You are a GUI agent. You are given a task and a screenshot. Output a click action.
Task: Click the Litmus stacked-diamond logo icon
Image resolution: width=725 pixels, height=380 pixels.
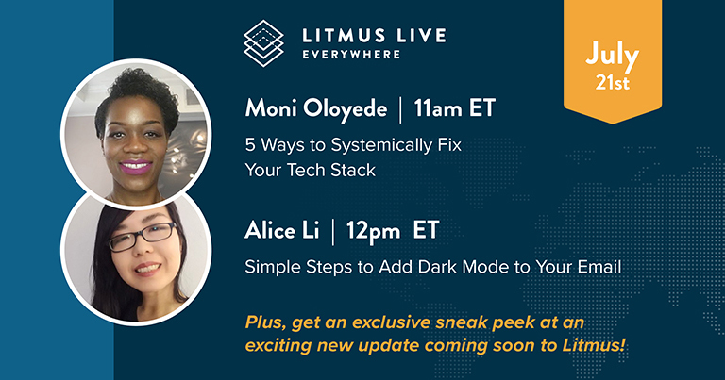point(263,43)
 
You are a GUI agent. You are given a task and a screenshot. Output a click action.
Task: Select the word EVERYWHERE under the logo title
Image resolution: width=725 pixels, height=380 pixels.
point(351,55)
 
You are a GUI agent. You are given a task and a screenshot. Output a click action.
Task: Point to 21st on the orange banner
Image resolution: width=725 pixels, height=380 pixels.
point(612,83)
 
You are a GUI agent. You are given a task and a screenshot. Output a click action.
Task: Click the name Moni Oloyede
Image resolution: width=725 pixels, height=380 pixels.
point(316,108)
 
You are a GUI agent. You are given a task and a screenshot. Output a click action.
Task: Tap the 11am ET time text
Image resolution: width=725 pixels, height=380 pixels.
point(454,108)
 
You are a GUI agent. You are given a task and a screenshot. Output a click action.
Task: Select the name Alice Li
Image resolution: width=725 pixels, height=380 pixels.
point(282,230)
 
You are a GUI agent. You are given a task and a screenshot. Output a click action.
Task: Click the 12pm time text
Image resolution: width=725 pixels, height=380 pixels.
point(373,231)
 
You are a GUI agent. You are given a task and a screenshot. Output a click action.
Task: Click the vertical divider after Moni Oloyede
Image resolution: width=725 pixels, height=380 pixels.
point(400,109)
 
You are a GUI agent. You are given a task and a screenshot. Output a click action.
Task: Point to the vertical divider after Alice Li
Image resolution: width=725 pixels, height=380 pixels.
point(333,231)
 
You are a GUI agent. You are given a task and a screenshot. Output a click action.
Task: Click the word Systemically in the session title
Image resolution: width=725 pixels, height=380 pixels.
point(376,145)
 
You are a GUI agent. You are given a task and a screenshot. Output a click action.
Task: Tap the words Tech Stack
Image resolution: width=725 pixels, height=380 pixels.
point(331,170)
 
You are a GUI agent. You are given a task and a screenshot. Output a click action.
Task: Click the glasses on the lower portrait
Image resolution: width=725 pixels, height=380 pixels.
point(143,237)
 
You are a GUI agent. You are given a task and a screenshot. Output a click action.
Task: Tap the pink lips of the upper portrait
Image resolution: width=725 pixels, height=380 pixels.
point(136,166)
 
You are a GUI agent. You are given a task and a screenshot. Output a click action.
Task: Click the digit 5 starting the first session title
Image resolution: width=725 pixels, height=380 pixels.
point(250,145)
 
